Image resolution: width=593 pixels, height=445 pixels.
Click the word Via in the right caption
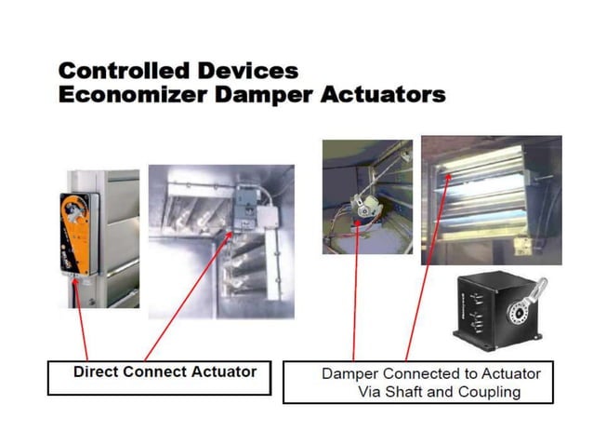[x=371, y=392]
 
